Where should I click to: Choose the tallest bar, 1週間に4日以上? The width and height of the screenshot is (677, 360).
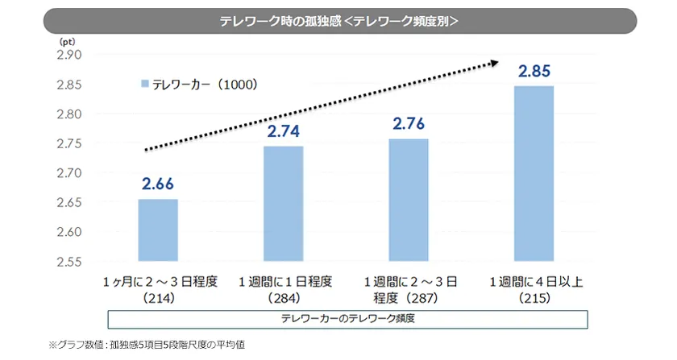[x=534, y=173]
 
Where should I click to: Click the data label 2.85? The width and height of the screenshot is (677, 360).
[x=534, y=72]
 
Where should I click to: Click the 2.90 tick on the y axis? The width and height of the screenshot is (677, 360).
[x=71, y=56]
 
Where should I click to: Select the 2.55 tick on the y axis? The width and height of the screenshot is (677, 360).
[x=71, y=262]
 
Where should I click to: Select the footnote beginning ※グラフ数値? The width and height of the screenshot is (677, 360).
[x=146, y=345]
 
